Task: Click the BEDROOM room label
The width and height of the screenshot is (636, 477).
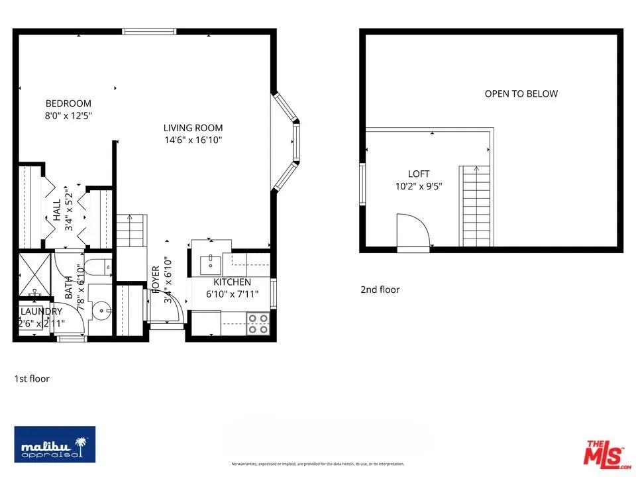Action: point(68,103)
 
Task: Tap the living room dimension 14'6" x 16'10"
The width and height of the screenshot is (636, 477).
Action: point(193,140)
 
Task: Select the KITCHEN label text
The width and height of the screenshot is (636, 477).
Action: point(232,282)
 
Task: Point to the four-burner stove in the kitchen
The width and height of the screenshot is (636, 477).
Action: point(258,323)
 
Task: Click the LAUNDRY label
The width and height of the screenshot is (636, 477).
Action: point(41,311)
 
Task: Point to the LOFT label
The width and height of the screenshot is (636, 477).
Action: point(419,174)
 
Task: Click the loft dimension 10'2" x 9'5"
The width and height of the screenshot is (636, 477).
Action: point(419,186)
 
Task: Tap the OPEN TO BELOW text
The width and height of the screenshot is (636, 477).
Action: point(521,93)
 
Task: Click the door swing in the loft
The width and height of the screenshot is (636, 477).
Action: point(412,231)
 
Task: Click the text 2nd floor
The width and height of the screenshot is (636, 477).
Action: point(380,290)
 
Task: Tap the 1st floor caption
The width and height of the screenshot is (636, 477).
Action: point(32,379)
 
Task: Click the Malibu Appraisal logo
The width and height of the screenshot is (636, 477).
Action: point(55,444)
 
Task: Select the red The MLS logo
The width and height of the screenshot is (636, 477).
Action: point(604,452)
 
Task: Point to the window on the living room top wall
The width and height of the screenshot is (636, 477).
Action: point(149,31)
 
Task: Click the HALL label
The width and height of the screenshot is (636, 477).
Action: point(57,211)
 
